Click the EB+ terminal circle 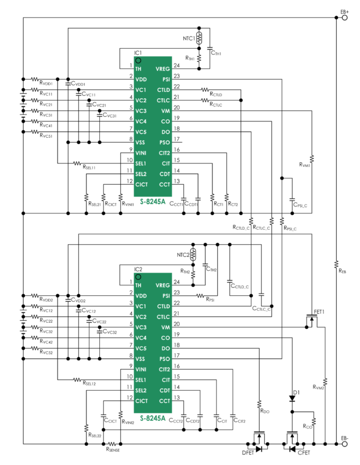(345, 17)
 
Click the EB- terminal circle (345, 445)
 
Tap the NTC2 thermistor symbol (194, 255)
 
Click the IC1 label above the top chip (138, 53)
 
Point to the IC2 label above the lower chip (138, 269)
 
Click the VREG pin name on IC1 (162, 69)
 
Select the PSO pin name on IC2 (164, 359)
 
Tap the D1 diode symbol (291, 399)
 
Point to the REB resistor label (342, 270)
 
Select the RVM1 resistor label (305, 165)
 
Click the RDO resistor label (265, 412)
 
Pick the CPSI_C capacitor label (300, 205)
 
